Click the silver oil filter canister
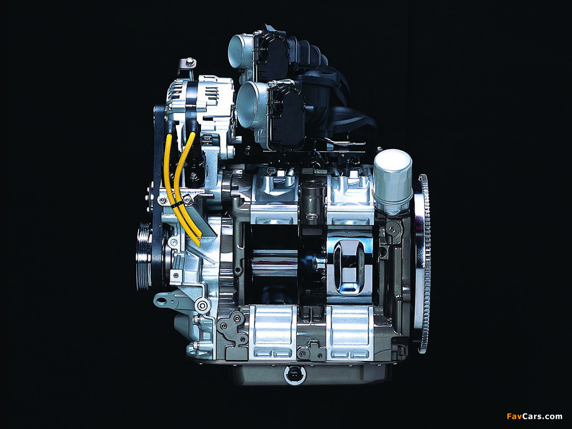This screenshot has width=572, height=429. click(393, 181)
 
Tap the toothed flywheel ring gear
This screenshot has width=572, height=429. click(423, 264)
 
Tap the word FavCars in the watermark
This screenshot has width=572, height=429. click(521, 416)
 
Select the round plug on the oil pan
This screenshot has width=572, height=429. click(295, 375)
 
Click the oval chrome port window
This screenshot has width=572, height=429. click(349, 266)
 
